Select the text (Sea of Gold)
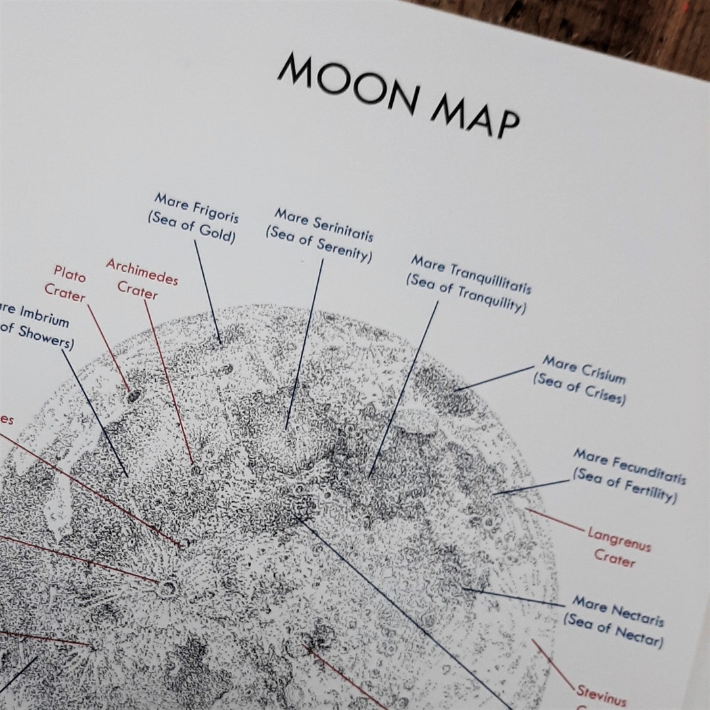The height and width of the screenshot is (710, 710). (191, 227)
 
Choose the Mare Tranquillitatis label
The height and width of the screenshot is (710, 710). (471, 275)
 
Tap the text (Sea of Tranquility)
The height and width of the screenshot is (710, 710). (465, 294)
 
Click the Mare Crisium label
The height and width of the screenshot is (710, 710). (584, 369)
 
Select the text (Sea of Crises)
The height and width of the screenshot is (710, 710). (579, 389)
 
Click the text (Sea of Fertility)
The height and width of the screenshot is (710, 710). (624, 485)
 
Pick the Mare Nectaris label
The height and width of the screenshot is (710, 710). (617, 611)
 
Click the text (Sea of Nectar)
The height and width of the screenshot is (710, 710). (613, 630)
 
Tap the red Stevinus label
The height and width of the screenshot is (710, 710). (601, 695)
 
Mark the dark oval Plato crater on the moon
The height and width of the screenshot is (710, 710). (134, 395)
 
